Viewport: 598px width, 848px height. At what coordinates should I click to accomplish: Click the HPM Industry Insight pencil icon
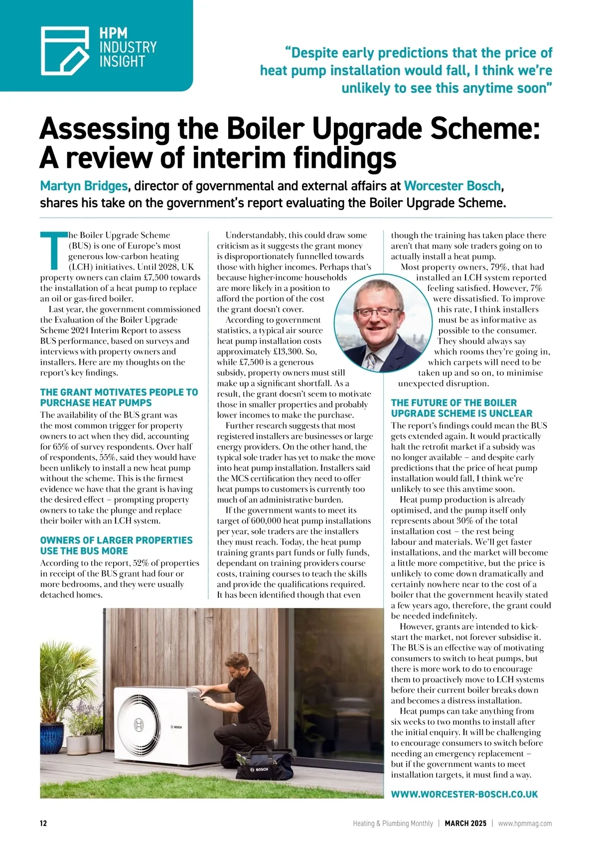point(65,50)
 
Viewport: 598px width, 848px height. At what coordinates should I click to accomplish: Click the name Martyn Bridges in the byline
point(84,186)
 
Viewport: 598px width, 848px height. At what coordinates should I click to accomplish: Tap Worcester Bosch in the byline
point(452,186)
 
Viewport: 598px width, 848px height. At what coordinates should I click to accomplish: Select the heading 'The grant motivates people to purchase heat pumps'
point(119,398)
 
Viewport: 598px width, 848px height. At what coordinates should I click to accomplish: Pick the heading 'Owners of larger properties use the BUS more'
point(116,546)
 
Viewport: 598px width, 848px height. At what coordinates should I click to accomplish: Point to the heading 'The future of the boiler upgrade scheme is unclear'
point(461,408)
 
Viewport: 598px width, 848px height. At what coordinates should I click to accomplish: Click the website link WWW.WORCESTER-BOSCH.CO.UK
point(464,794)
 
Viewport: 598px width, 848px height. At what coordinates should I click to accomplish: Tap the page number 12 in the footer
point(43,824)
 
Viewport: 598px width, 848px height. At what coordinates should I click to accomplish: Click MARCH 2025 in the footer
point(465,824)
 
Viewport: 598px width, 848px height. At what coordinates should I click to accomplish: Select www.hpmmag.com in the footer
point(525,824)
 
